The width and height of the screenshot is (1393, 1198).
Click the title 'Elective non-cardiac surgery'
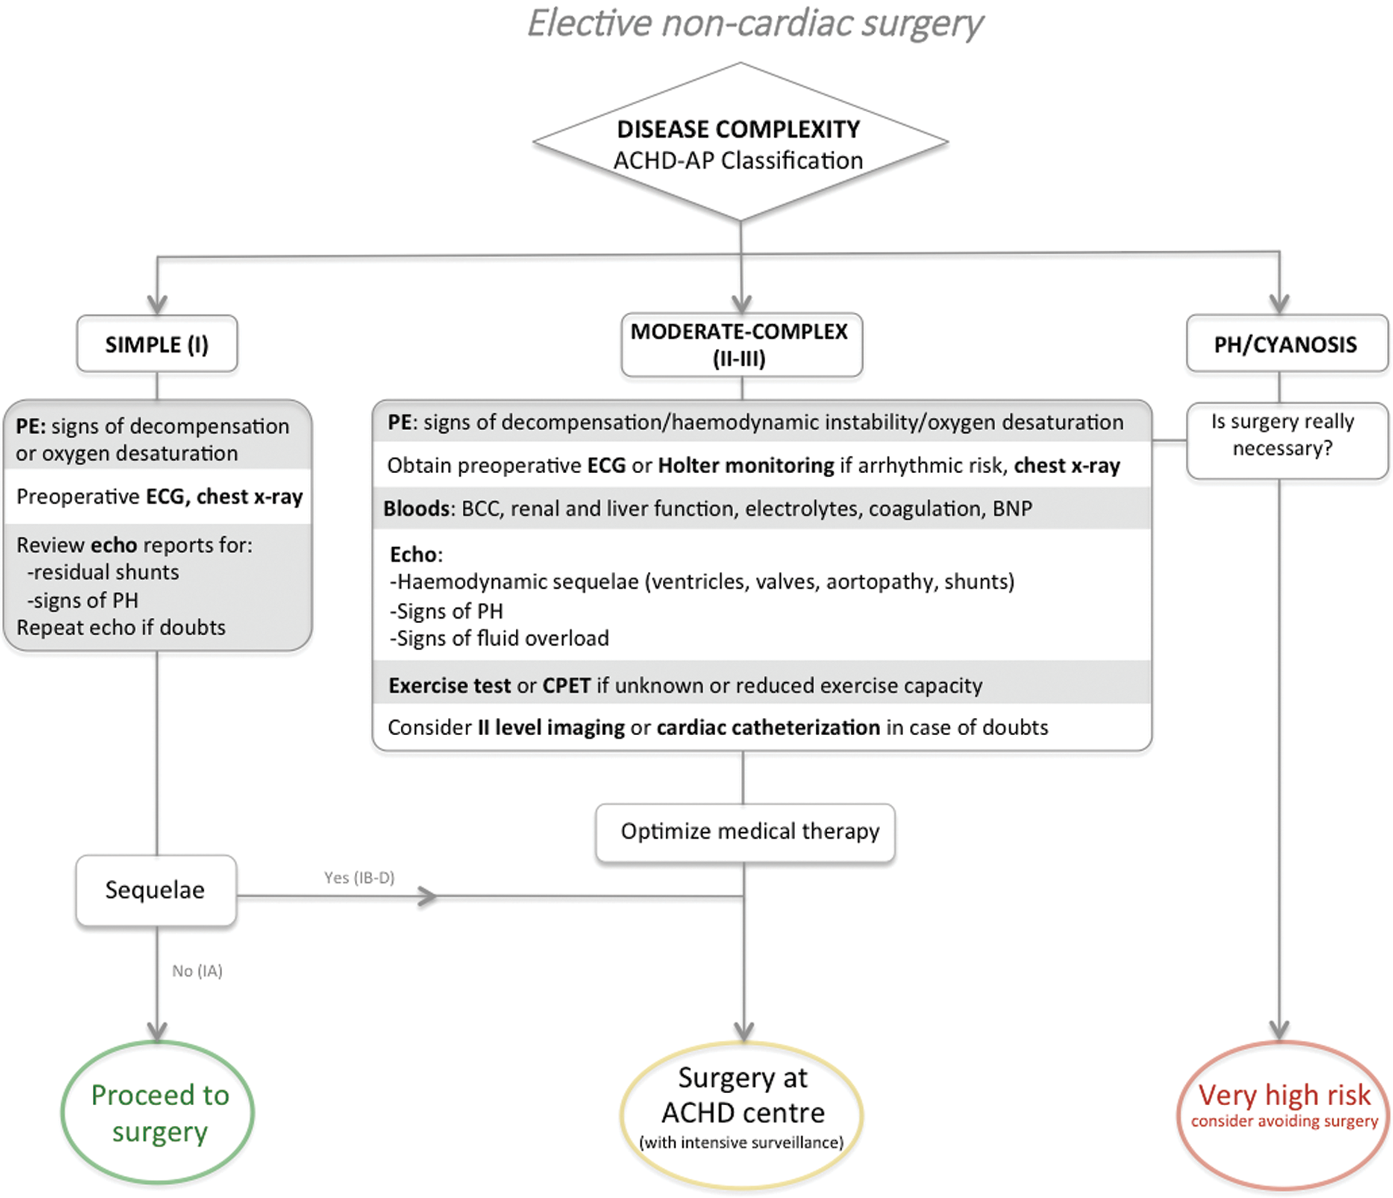pyautogui.click(x=754, y=24)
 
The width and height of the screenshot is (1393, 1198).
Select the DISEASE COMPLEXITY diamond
pyautogui.click(x=740, y=143)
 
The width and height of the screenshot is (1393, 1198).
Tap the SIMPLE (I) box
pyautogui.click(x=157, y=344)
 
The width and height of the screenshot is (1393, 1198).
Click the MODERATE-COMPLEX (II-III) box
pyautogui.click(x=741, y=344)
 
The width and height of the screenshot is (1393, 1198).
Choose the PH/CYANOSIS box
pyautogui.click(x=1285, y=344)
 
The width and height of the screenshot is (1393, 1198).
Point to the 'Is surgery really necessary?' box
pyautogui.click(x=1285, y=436)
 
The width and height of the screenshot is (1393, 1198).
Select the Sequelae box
pyautogui.click(x=156, y=890)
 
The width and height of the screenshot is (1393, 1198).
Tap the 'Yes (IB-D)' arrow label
pyautogui.click(x=359, y=877)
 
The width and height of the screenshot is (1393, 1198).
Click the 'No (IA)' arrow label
pyautogui.click(x=197, y=971)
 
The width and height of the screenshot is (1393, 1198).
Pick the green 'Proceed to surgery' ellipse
pyautogui.click(x=158, y=1113)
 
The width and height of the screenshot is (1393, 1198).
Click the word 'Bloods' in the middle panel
pyautogui.click(x=416, y=509)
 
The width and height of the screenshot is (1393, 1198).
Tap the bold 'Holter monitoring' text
pyautogui.click(x=745, y=466)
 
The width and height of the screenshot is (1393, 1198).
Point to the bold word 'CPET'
pyautogui.click(x=566, y=686)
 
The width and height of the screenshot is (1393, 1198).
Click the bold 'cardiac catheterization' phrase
pyautogui.click(x=768, y=728)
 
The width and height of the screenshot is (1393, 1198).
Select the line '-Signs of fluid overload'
pyautogui.click(x=499, y=638)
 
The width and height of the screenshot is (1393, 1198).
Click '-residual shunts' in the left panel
pyautogui.click(x=103, y=572)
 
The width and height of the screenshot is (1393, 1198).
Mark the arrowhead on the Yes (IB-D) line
pyautogui.click(x=427, y=896)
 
